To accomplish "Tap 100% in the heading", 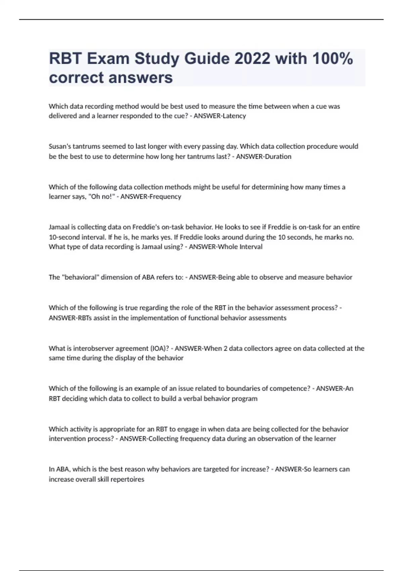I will click(x=332, y=59).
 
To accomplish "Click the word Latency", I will click(x=234, y=116).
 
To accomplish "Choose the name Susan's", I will click(x=60, y=146).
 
